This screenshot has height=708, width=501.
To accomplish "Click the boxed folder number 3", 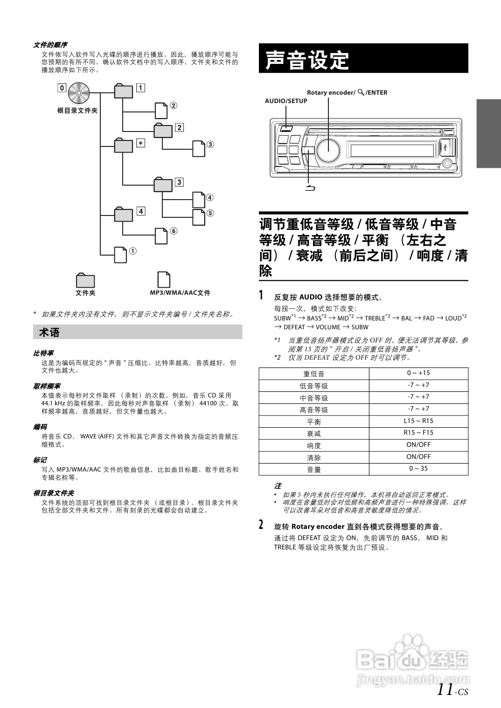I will (x=179, y=182).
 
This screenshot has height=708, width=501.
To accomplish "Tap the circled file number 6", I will (x=174, y=231).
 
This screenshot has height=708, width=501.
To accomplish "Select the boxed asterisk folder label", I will (x=140, y=143).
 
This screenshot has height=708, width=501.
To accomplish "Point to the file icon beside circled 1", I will (x=121, y=255).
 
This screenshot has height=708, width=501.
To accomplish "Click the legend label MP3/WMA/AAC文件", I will (x=180, y=293).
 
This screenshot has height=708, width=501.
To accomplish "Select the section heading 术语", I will (x=49, y=333).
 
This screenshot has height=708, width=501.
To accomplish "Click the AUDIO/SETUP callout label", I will (x=286, y=101).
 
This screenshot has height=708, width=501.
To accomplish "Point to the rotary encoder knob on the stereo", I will (x=328, y=149).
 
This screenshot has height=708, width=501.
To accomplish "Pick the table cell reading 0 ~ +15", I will (x=418, y=373).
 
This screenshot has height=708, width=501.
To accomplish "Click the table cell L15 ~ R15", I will (x=418, y=421).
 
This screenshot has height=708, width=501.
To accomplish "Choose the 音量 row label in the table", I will (x=314, y=470).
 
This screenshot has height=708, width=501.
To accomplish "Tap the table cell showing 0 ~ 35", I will (x=418, y=469).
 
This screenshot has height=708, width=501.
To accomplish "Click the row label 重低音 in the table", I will (x=314, y=374).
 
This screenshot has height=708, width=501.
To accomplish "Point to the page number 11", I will (x=445, y=689).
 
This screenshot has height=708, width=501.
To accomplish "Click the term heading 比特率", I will (x=43, y=353).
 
